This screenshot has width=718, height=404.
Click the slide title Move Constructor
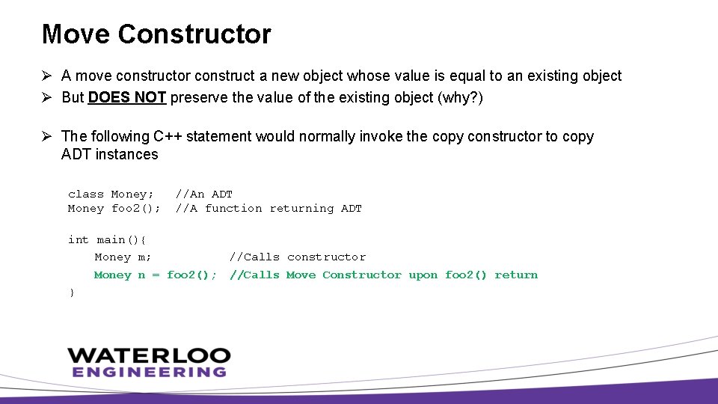156,34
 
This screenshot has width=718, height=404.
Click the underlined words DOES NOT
126,98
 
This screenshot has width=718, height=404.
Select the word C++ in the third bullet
171,137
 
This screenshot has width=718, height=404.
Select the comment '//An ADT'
203,195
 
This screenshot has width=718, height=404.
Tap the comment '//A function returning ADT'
269,209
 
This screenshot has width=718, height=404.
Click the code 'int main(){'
108,240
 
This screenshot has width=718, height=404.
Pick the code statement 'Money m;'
123,257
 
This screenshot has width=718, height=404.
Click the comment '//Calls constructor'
297,257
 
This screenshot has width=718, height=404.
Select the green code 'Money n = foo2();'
156,275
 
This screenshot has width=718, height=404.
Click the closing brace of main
72,293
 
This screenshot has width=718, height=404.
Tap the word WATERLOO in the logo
149,355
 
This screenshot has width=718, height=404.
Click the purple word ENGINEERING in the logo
149,372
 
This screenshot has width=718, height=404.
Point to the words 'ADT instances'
110,155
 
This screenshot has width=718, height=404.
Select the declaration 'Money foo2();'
114,209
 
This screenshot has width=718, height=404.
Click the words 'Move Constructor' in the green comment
343,275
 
